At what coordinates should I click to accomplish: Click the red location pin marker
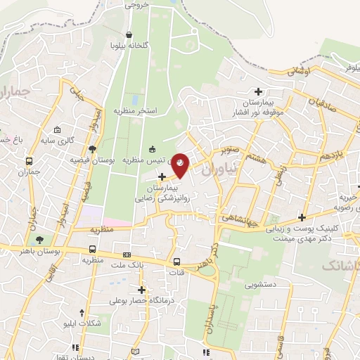coord(181,163)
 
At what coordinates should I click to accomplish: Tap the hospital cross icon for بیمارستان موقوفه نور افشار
coord(259,91)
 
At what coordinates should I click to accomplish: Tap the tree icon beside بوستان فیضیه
coord(93,148)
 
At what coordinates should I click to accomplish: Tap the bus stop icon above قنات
coord(176,262)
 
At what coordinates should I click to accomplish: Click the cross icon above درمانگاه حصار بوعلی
coord(142,290)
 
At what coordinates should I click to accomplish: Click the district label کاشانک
coord(341,266)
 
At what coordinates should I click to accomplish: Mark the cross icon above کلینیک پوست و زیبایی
coord(302,217)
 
